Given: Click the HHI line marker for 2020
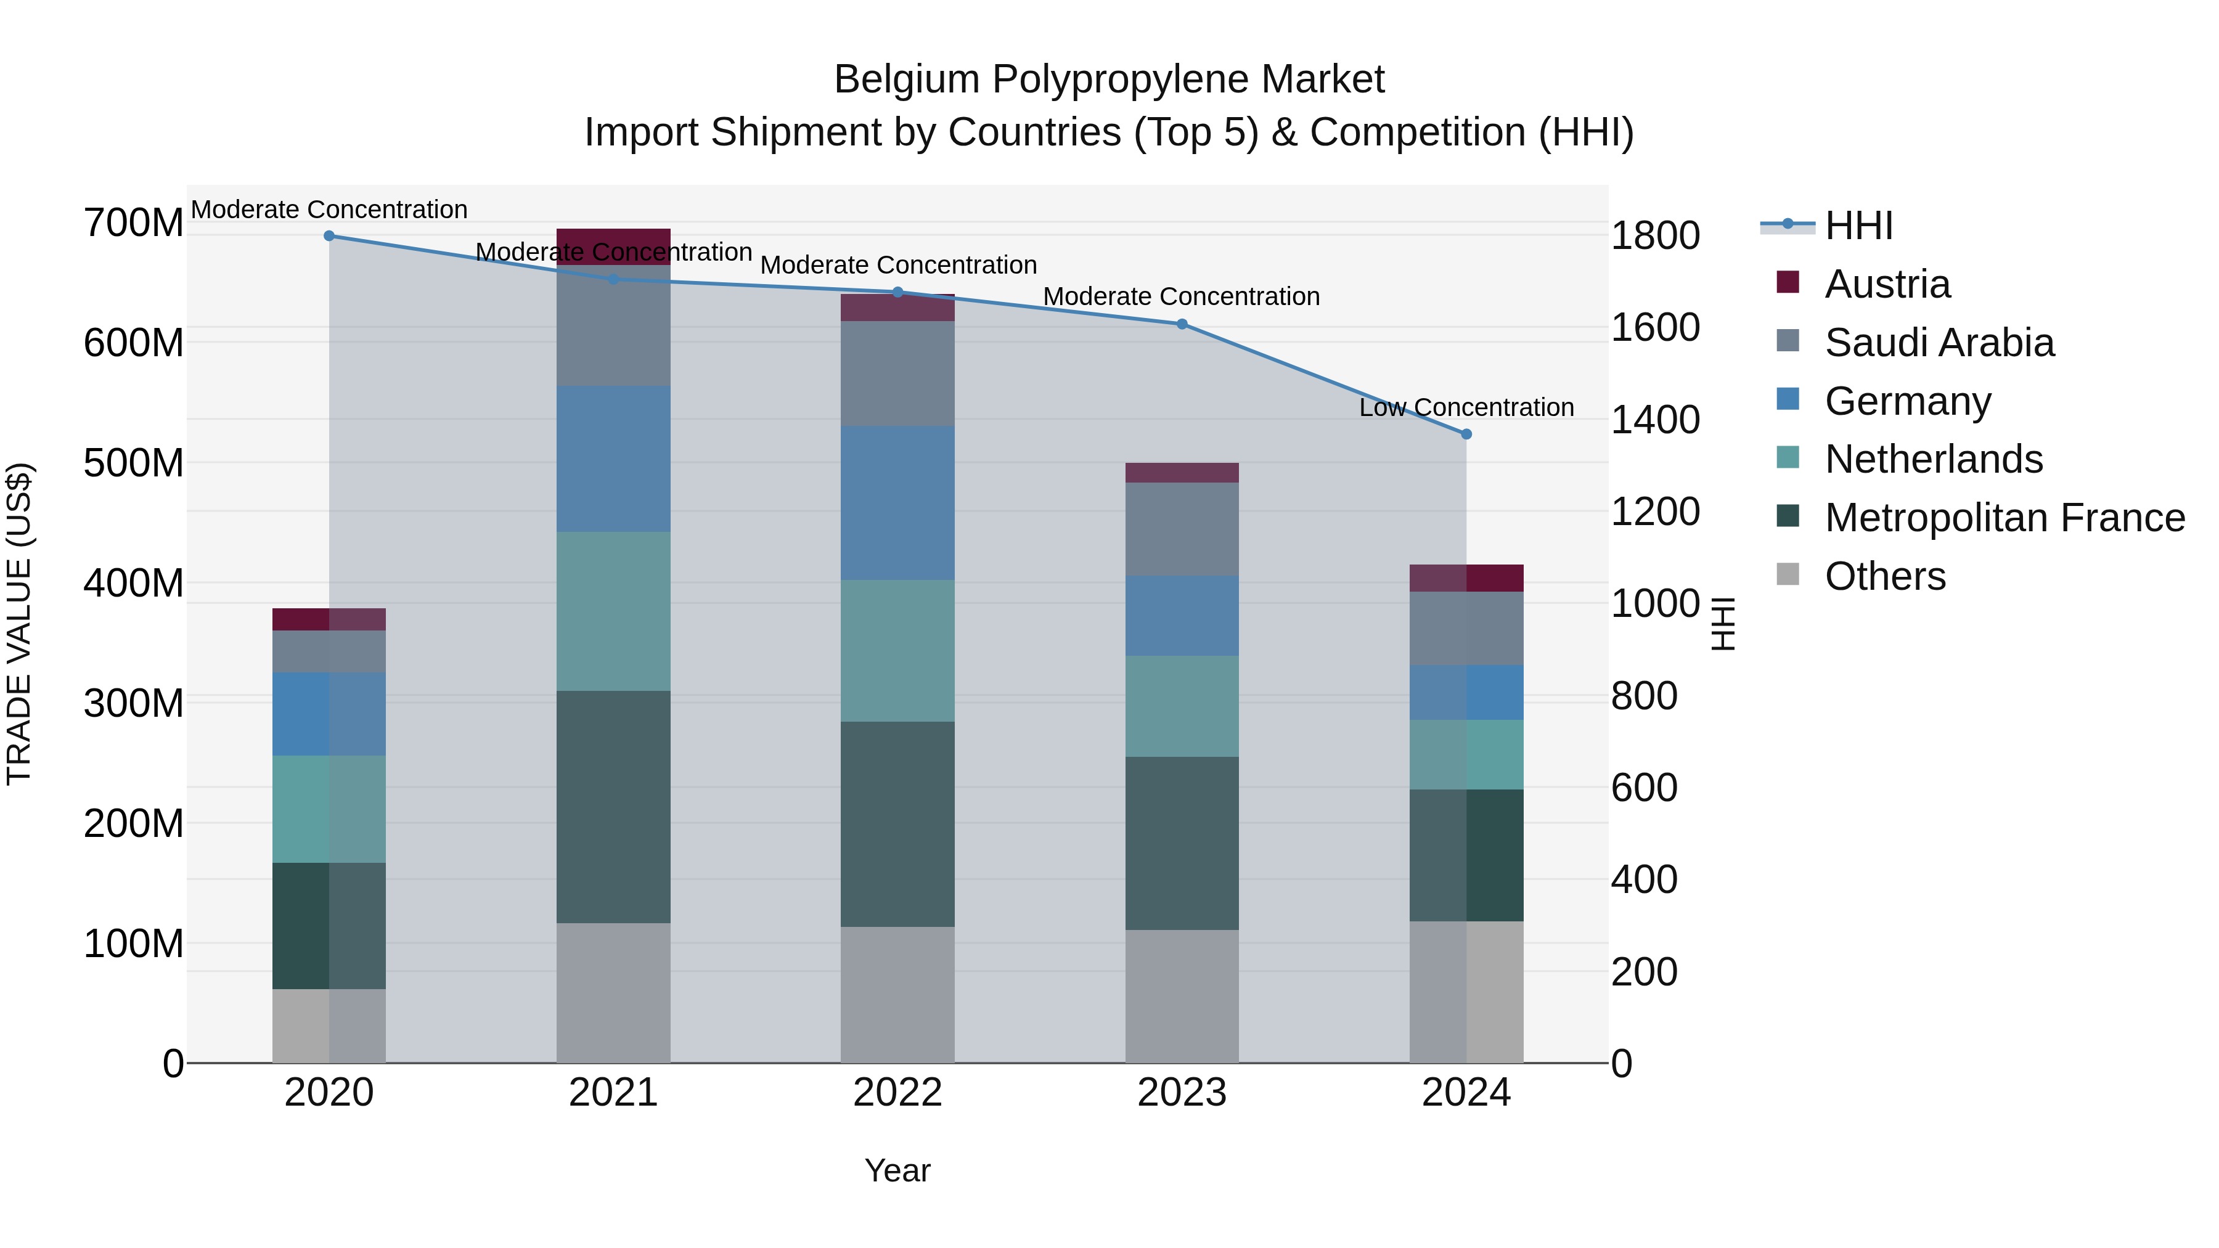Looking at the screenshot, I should (x=329, y=236).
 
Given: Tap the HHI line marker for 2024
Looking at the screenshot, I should (x=1466, y=434).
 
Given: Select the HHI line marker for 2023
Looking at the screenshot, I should (x=1182, y=324).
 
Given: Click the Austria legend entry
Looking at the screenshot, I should (x=1887, y=284).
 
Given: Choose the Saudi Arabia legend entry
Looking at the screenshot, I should (x=1938, y=343).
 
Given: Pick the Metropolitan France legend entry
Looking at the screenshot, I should (x=2004, y=518).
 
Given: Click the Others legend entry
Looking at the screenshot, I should (x=1885, y=576).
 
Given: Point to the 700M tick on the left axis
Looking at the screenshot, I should (x=134, y=223).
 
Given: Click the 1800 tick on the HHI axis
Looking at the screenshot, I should (x=1656, y=236).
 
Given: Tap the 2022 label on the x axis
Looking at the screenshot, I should (x=897, y=1093).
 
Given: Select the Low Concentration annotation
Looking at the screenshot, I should (x=1466, y=407).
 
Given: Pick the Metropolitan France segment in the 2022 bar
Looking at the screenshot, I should (x=897, y=823).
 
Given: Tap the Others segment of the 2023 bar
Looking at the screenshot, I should (x=1182, y=996).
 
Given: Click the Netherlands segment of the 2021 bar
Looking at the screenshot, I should (x=613, y=611).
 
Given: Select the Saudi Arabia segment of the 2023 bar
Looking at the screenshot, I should (x=1182, y=529).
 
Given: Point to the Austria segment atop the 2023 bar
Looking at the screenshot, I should (x=1182, y=473).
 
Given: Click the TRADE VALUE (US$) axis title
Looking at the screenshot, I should (x=19, y=624).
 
